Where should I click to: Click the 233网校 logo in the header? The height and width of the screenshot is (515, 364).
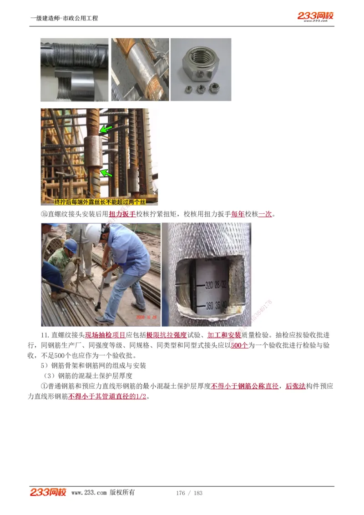pyautogui.click(x=315, y=16)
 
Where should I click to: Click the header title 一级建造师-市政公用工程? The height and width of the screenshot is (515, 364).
pyautogui.click(x=64, y=18)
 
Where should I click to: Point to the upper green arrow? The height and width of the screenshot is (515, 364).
pyautogui.click(x=106, y=129)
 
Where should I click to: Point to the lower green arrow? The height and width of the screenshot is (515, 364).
pyautogui.click(x=106, y=172)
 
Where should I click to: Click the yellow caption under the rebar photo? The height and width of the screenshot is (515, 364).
pyautogui.click(x=99, y=202)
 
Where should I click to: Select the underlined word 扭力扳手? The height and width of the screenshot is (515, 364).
pyautogui.click(x=122, y=214)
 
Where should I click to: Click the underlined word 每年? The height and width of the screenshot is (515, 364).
pyautogui.click(x=238, y=214)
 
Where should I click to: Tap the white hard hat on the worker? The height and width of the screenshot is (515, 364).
pyautogui.click(x=94, y=233)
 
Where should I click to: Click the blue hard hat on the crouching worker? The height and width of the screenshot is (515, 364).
pyautogui.click(x=70, y=245)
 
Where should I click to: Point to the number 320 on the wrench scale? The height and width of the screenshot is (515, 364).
pyautogui.click(x=209, y=285)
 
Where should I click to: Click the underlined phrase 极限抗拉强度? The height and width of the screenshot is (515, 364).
pyautogui.click(x=167, y=335)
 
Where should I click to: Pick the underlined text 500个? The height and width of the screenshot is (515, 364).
pyautogui.click(x=239, y=345)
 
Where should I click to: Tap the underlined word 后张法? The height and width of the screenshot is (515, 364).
pyautogui.click(x=295, y=386)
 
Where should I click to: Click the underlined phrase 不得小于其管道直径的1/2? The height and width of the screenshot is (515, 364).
pyautogui.click(x=109, y=396)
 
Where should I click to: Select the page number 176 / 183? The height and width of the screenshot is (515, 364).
pyautogui.click(x=189, y=493)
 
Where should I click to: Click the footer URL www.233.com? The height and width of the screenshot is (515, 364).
pyautogui.click(x=89, y=493)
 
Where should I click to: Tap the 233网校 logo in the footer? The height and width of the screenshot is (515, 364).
pyautogui.click(x=48, y=492)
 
